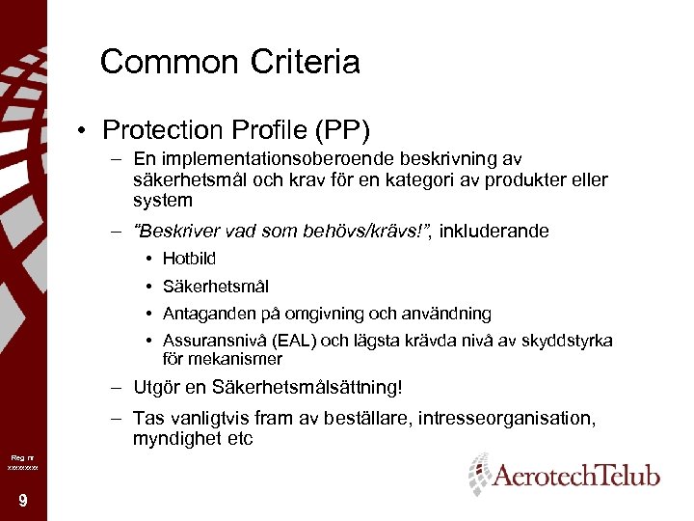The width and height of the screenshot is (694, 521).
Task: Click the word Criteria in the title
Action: click(305, 63)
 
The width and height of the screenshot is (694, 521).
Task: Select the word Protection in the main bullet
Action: click(162, 129)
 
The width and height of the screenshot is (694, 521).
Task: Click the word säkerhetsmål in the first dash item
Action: click(184, 180)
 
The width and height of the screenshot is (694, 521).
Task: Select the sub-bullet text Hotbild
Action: click(189, 259)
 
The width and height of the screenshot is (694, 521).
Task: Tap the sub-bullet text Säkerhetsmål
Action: click(216, 287)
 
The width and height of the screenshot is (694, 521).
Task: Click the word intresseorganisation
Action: click(511, 419)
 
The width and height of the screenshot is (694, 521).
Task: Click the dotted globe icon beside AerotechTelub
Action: click(478, 474)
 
